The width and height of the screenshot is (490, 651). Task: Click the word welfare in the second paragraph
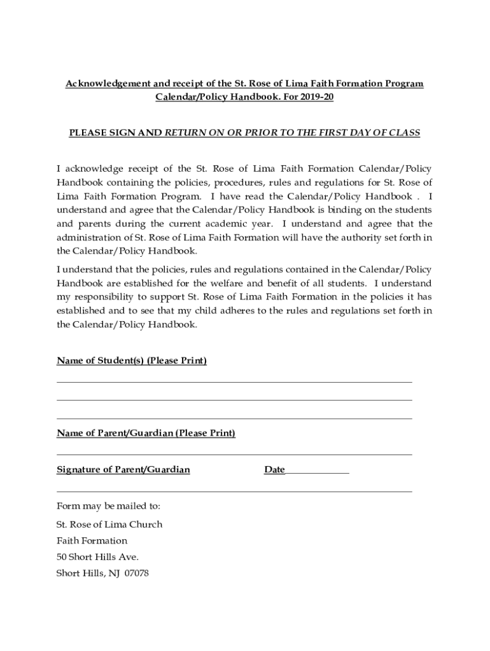pos(249,283)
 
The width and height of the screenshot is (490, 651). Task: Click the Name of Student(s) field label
pos(132,361)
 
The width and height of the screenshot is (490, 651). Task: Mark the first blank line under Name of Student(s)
pos(234,382)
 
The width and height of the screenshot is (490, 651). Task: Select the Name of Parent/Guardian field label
pos(146,434)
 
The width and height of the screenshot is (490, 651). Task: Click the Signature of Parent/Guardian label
pos(123,470)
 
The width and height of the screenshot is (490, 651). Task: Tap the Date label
pos(274,470)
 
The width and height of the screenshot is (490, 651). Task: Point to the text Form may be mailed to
pos(109,506)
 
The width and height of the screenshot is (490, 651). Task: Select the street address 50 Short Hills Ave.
pos(97,557)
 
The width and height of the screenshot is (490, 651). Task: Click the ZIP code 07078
pos(136,573)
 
